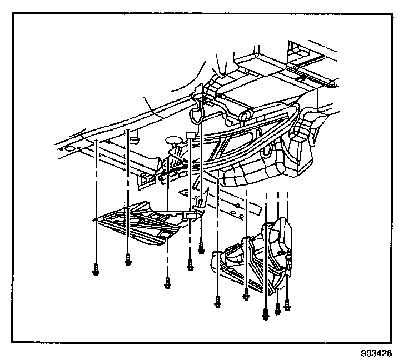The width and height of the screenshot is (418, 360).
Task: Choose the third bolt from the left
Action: point(167,285)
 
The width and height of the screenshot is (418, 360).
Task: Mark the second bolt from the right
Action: point(277,308)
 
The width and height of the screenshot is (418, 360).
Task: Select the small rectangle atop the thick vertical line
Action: point(190,135)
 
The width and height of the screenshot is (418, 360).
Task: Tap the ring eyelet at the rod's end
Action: point(245,115)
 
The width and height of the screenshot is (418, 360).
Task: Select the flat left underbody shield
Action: point(139,222)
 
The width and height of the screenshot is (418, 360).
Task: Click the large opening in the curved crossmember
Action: point(239,139)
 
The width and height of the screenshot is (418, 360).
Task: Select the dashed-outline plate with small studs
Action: point(222,203)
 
